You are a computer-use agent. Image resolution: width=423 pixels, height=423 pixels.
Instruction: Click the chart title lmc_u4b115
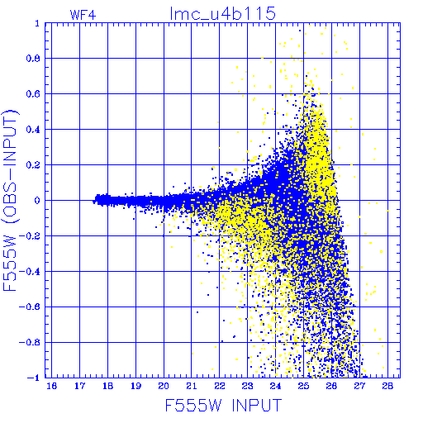(x=222, y=14)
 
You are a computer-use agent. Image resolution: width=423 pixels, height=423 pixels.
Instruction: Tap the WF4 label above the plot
(x=83, y=15)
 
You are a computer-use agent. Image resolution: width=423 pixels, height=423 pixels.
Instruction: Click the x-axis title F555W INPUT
(x=223, y=405)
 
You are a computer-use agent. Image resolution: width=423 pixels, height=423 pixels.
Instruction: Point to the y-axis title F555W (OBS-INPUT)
(x=10, y=200)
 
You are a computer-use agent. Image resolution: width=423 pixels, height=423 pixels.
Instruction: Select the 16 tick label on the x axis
(x=52, y=386)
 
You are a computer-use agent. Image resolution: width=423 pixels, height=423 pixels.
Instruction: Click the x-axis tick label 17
(x=80, y=386)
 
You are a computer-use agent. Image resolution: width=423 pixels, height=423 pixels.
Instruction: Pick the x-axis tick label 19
(x=136, y=386)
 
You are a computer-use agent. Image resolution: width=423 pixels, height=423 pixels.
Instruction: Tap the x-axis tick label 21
(x=192, y=386)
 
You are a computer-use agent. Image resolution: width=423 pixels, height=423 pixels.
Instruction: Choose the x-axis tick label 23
(x=248, y=386)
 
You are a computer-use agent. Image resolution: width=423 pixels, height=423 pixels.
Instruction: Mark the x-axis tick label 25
(x=303, y=386)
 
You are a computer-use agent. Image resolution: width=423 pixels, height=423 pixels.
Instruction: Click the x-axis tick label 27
(x=359, y=386)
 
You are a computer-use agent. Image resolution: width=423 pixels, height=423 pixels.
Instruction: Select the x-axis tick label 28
(x=387, y=386)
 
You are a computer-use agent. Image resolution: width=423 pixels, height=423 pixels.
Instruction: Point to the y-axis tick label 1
(x=37, y=24)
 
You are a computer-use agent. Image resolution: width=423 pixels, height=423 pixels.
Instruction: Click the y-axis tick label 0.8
(x=33, y=59)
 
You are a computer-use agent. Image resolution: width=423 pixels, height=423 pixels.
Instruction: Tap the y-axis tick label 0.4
(x=33, y=130)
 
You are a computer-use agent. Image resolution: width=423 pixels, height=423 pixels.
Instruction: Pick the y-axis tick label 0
(x=37, y=200)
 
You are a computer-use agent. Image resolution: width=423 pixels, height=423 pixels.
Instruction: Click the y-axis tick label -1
(x=33, y=378)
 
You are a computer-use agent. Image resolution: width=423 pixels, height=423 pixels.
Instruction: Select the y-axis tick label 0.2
(x=33, y=165)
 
